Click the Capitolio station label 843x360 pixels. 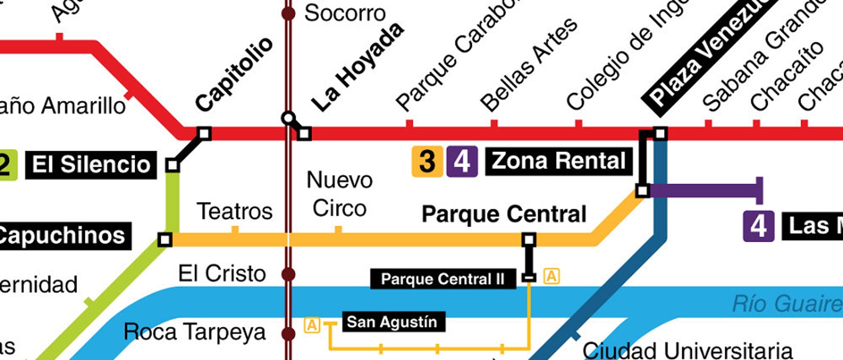pyautogui.click(x=234, y=74)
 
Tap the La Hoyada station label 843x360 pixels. pyautogui.click(x=357, y=67)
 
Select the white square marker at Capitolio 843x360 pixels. pyautogui.click(x=204, y=133)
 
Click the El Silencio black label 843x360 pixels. pyautogui.click(x=91, y=165)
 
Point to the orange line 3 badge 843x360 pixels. pyautogui.click(x=427, y=161)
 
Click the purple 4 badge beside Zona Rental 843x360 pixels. pyautogui.click(x=461, y=161)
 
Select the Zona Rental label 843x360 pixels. pyautogui.click(x=558, y=161)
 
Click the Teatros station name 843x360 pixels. pyautogui.click(x=235, y=211)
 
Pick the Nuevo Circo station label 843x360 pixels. pyautogui.click(x=340, y=194)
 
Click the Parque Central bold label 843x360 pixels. pyautogui.click(x=504, y=215)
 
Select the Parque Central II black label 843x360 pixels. pyautogui.click(x=443, y=279)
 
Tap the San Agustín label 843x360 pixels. pyautogui.click(x=392, y=322)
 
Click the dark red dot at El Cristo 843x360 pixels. pyautogui.click(x=288, y=275)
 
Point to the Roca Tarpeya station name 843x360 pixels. pyautogui.click(x=194, y=332)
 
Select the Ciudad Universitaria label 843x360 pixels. pyautogui.click(x=687, y=350)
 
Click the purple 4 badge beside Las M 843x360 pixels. pyautogui.click(x=758, y=226)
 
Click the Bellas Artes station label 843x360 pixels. pyautogui.click(x=528, y=64)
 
